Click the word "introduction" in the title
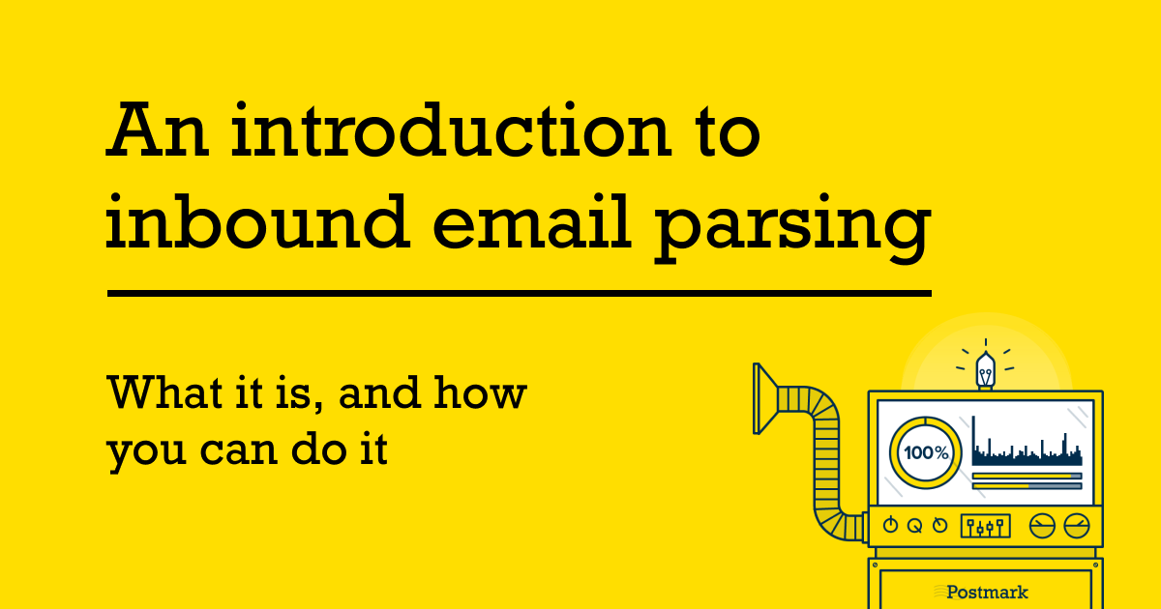point(452,130)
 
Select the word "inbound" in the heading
point(257,221)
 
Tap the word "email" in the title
point(532,221)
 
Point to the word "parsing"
point(791,228)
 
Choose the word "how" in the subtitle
point(480,392)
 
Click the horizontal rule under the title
point(520,294)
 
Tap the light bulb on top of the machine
point(985,370)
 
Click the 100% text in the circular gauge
point(926,453)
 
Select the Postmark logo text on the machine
point(987,592)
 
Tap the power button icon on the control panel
point(890,525)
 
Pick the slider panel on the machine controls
point(985,526)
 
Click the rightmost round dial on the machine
point(1077,526)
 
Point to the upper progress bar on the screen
point(1027,476)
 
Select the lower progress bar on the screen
point(1027,486)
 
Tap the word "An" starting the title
point(158,130)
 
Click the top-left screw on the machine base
point(876,565)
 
